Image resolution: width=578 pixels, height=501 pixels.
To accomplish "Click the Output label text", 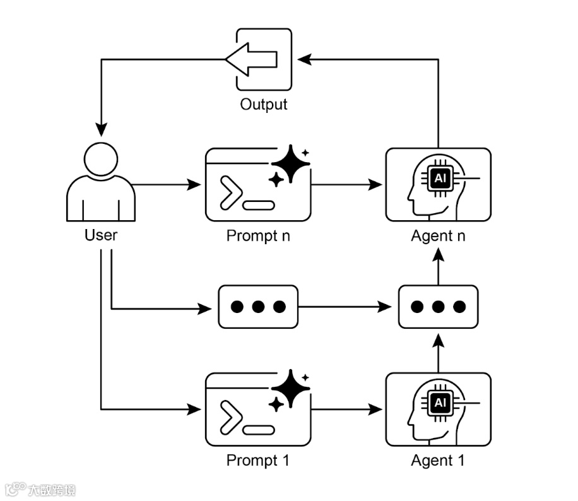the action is (264, 104).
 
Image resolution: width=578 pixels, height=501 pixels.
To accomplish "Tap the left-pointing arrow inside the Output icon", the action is (251, 59).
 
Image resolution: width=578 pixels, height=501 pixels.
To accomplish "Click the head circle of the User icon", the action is (101, 159).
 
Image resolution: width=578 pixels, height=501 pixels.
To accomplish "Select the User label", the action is (101, 235).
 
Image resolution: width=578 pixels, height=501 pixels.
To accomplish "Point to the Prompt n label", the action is (258, 236).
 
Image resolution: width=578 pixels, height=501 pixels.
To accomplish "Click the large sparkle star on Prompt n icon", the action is (291, 163).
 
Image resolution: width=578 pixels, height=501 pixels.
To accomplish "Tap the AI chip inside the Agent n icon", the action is (440, 179).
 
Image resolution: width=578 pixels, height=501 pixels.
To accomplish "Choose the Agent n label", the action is (439, 236).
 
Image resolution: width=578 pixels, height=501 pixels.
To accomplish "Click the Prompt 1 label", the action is (257, 461).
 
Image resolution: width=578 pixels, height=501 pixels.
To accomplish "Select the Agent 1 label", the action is (438, 461).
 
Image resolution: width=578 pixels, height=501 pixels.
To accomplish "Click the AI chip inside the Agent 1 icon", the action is (440, 403).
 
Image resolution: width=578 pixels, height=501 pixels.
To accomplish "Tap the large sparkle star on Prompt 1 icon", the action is (291, 388).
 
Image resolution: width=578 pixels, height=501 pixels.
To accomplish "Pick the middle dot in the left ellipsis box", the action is (258, 307).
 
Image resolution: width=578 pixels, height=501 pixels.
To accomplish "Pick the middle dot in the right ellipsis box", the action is (439, 307).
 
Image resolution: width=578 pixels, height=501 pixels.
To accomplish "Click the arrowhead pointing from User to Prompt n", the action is (194, 184).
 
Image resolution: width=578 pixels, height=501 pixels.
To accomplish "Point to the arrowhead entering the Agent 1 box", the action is (375, 410).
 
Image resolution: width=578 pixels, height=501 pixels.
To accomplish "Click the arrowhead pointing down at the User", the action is (102, 130).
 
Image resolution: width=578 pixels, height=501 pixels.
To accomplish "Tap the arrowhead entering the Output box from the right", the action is (305, 59).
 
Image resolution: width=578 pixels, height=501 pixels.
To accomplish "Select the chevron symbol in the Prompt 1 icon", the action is (231, 418).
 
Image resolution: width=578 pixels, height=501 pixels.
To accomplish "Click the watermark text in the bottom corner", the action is (41, 490).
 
